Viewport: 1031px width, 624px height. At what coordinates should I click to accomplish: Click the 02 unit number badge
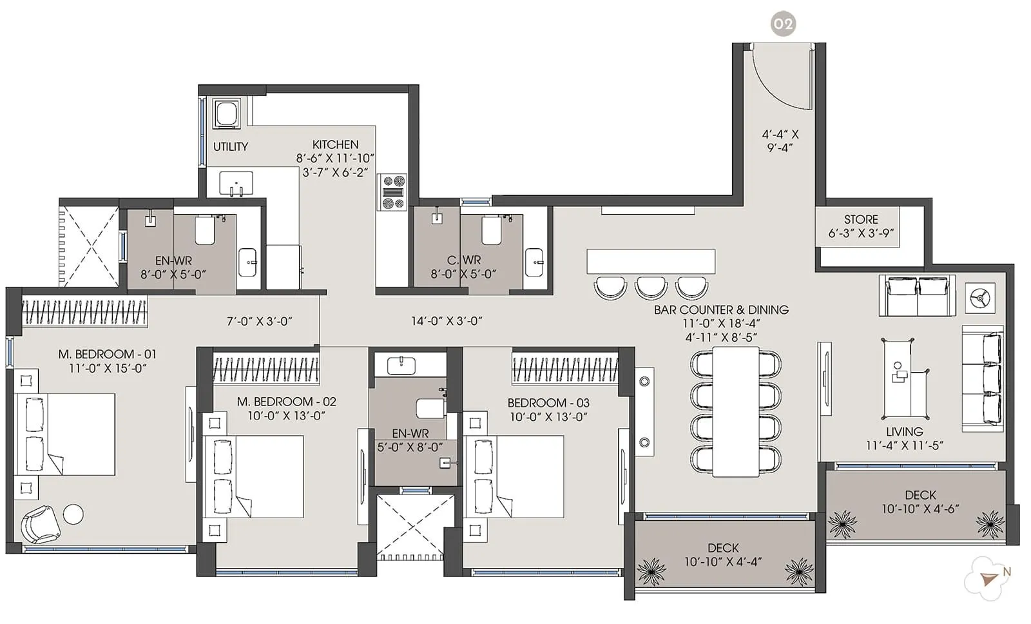[783, 24]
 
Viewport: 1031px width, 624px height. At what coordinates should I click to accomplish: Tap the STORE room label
[861, 219]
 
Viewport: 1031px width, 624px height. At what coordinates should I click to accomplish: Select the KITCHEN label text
[335, 144]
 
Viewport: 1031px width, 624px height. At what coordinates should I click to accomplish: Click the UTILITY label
[230, 147]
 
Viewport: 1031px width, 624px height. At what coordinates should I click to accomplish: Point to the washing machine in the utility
[227, 114]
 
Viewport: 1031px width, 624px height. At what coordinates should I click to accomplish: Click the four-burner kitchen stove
[392, 192]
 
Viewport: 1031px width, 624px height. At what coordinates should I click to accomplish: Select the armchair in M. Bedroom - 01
[40, 524]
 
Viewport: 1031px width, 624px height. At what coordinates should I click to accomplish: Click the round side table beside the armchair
[73, 514]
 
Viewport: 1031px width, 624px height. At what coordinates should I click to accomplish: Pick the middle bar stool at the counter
[651, 287]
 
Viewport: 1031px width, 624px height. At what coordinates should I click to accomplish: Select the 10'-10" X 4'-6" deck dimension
[920, 509]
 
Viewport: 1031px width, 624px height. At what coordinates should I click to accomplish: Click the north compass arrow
[988, 580]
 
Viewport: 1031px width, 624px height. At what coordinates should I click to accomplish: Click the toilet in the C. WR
[492, 230]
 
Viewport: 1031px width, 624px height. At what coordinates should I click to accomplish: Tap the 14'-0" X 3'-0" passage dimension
[447, 320]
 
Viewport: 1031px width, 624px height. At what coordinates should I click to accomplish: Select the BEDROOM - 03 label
[548, 402]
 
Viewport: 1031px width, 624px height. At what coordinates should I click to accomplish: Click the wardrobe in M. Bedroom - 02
[265, 369]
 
